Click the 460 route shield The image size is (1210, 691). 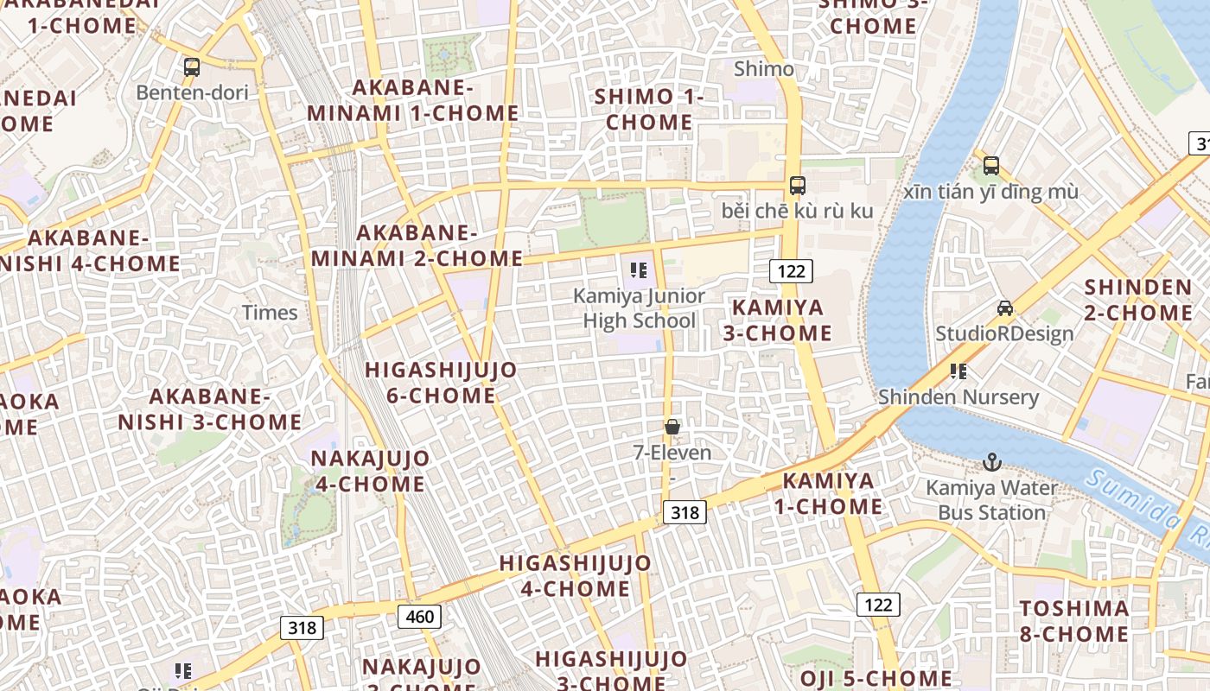tap(419, 617)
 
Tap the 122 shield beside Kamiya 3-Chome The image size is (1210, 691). tap(791, 271)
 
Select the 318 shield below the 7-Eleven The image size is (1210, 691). tap(685, 512)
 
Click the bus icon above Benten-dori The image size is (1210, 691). tap(192, 67)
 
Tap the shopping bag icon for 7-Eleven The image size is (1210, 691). tap(672, 427)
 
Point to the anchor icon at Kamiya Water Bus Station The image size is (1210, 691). tap(991, 462)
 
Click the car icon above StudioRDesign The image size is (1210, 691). tap(1004, 308)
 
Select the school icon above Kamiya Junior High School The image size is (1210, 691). tap(639, 270)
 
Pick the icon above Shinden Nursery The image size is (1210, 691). tap(958, 371)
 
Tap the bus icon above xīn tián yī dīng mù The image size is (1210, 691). tap(990, 165)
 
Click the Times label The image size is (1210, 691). tap(270, 313)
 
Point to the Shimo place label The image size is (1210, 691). tap(763, 69)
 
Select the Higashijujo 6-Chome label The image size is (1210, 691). tap(441, 383)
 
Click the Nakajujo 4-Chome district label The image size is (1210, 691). tap(370, 471)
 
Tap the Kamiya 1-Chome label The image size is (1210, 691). tap(828, 493)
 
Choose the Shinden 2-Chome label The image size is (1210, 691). tap(1138, 300)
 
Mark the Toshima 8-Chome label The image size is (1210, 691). tap(1073, 621)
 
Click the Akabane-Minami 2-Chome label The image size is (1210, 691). tap(417, 245)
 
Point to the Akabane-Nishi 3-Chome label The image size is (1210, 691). tap(210, 409)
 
